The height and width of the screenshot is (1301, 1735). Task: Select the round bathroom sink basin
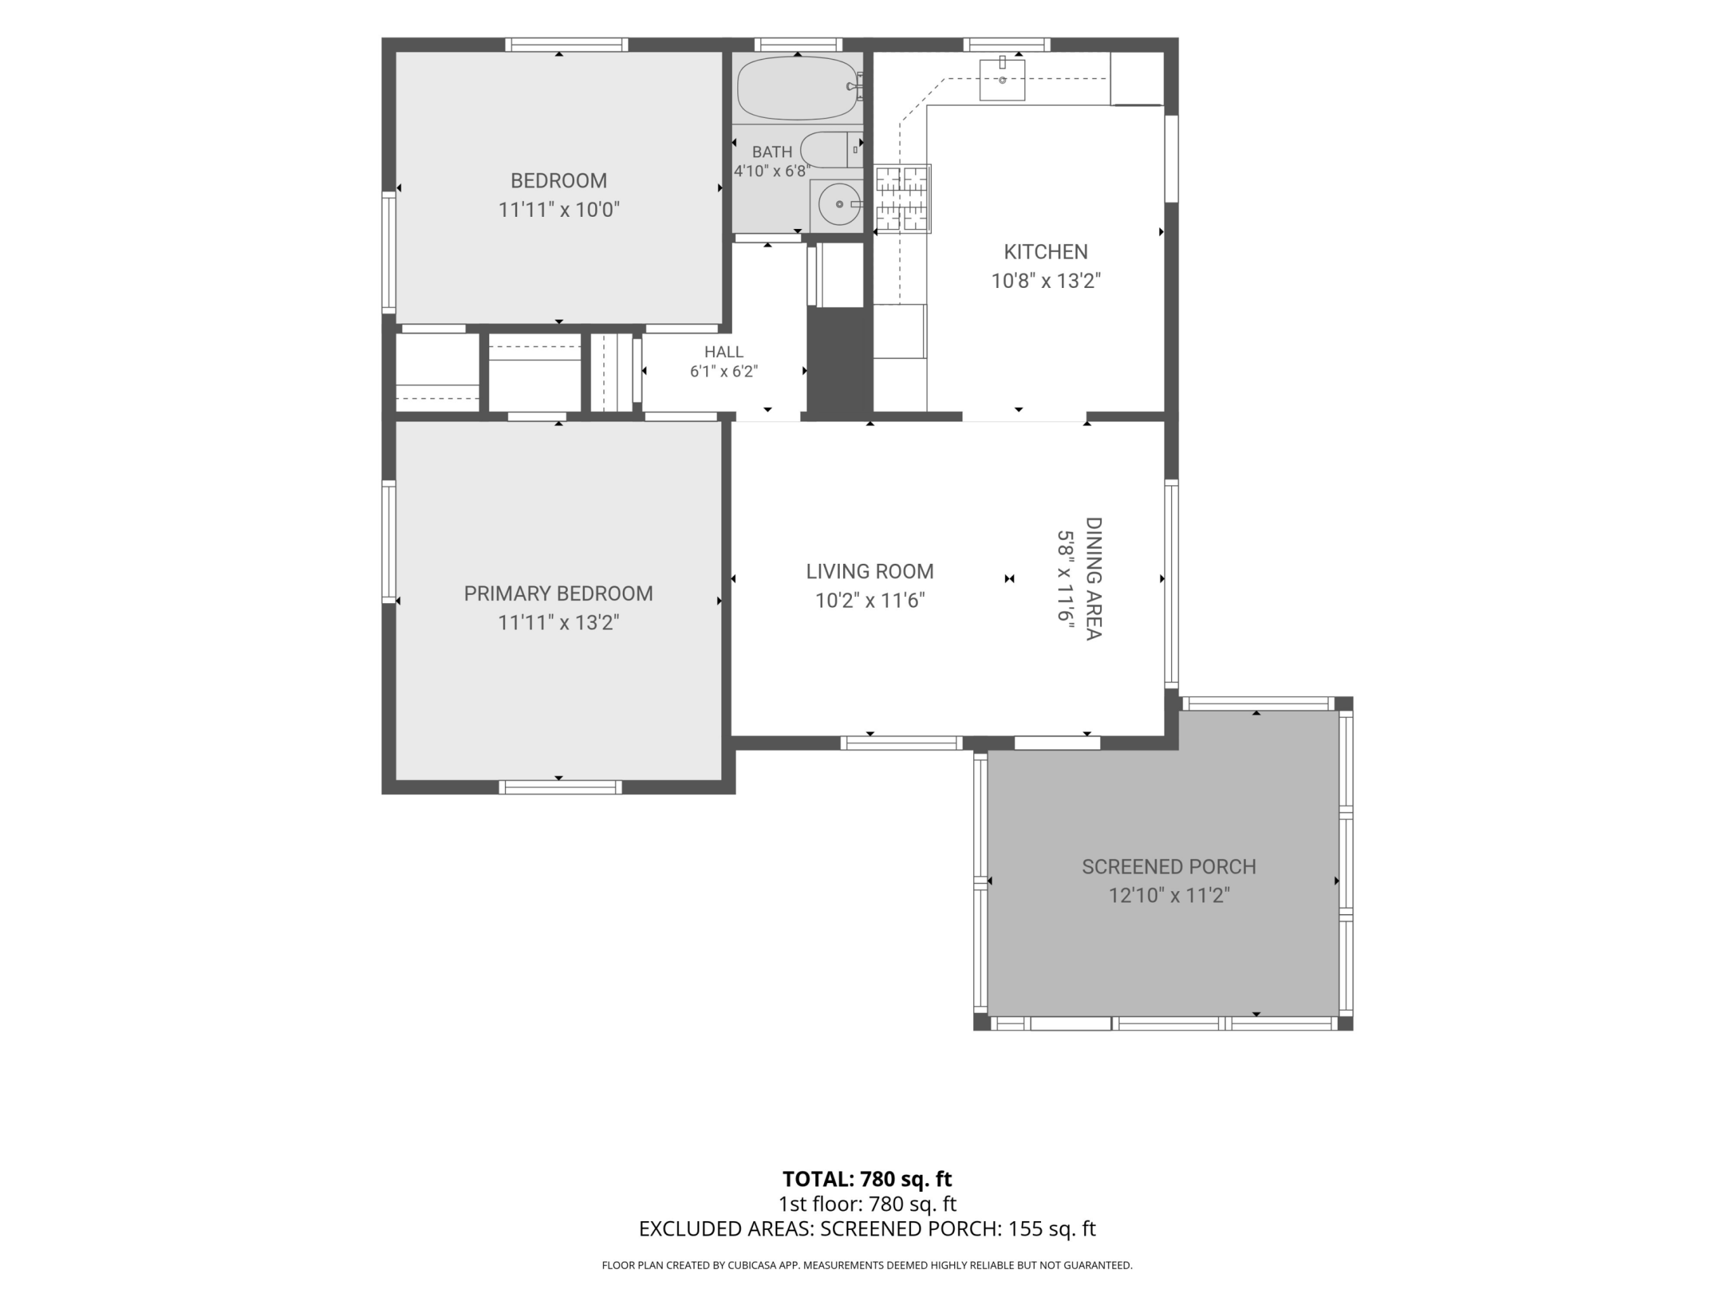[x=839, y=204]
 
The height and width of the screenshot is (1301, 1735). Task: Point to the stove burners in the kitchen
[x=902, y=199]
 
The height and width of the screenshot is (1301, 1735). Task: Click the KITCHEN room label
[x=1046, y=252]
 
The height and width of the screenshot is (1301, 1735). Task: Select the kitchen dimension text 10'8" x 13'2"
[x=1046, y=281]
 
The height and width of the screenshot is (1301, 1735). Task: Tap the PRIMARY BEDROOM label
[x=558, y=594]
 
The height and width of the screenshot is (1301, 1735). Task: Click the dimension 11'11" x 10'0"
[x=559, y=209]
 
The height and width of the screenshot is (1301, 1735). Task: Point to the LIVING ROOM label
[x=870, y=572]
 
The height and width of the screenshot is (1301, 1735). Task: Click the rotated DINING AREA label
[x=1093, y=579]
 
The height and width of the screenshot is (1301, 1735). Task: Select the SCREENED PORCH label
[x=1168, y=867]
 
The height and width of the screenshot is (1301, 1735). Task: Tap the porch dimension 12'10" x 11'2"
[x=1168, y=896]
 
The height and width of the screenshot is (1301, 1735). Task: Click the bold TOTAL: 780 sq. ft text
[x=867, y=1178]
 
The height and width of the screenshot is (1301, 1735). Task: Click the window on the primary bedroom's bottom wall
[x=560, y=787]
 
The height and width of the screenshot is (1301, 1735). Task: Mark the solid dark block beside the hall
[x=840, y=360]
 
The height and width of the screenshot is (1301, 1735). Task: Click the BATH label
[x=772, y=152]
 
